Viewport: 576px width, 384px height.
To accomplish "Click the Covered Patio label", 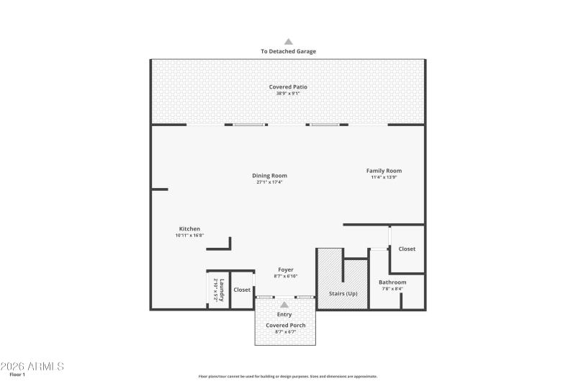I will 288,86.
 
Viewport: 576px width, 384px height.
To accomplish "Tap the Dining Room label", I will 270,176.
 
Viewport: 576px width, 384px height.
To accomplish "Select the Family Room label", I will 384,171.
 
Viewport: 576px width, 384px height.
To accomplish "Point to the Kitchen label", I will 189,229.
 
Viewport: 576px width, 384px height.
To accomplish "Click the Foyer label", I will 286,270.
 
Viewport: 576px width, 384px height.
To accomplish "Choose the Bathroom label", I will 392,282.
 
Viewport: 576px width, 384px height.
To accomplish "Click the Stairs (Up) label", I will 343,294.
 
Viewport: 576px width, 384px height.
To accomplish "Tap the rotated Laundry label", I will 223,290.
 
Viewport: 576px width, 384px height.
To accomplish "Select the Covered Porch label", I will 286,326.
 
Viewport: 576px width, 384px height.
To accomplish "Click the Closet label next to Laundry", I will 242,290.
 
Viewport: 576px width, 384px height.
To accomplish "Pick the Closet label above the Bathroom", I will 407,249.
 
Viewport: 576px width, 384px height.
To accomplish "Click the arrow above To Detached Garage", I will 288,42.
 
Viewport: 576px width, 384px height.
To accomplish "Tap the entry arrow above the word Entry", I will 284,305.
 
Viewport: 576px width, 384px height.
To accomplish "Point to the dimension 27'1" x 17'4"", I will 269,182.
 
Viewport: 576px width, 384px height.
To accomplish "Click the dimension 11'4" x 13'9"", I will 384,177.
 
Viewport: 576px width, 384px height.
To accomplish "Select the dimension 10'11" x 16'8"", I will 189,236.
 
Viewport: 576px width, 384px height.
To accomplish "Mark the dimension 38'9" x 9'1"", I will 288,93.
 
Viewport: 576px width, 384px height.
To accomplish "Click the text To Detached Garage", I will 288,52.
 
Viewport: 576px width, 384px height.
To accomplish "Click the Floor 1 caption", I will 17,375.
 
